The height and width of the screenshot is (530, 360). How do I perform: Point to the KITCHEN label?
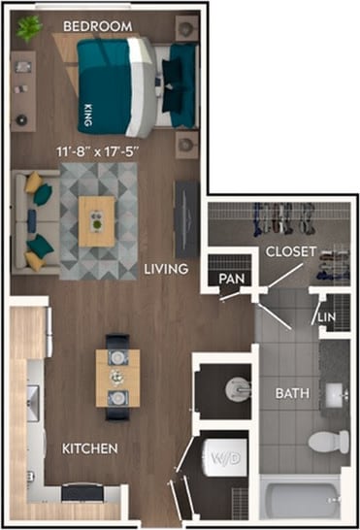point(91,448)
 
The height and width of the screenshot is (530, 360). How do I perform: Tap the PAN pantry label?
point(231,279)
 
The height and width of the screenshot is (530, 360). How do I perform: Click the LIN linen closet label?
point(327,317)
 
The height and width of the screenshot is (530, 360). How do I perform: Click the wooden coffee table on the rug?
point(96,220)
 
